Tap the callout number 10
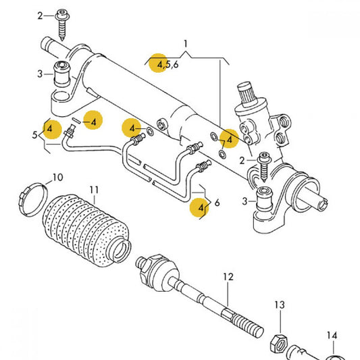[x=57, y=178]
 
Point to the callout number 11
[x=94, y=190]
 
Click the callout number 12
[x=228, y=276]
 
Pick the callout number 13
[x=280, y=306]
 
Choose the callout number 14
[x=331, y=336]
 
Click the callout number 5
[x=34, y=135]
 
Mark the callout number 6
[x=216, y=201]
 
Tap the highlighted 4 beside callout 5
[x=49, y=127]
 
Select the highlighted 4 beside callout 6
[x=201, y=209]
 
